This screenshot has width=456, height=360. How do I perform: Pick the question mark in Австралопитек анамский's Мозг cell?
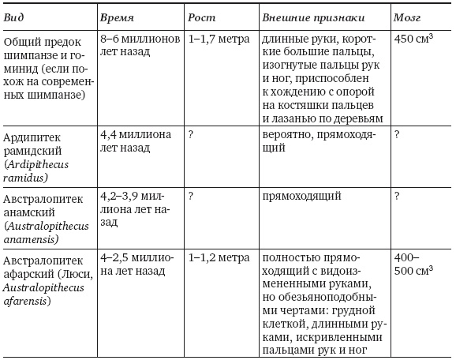click(397, 194)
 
